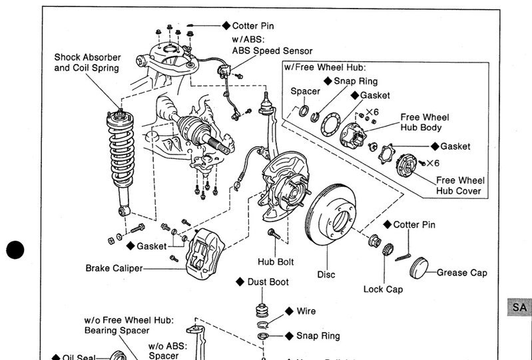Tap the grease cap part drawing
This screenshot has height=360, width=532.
click(421, 269)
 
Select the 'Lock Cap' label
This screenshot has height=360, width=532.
click(383, 289)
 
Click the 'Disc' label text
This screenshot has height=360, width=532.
click(326, 274)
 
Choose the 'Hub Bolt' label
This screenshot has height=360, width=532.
click(276, 262)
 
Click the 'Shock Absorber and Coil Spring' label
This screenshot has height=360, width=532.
click(87, 63)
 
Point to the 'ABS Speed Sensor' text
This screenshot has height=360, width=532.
click(272, 51)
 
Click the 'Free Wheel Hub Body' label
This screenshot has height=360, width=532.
click(425, 122)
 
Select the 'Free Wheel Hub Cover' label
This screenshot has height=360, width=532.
click(460, 186)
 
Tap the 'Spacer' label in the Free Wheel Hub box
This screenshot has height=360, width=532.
click(306, 91)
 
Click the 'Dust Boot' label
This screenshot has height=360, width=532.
click(268, 282)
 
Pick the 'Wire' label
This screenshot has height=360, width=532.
click(306, 311)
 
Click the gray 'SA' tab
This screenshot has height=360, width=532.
click(519, 307)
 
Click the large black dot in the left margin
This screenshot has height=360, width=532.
click(15, 250)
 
